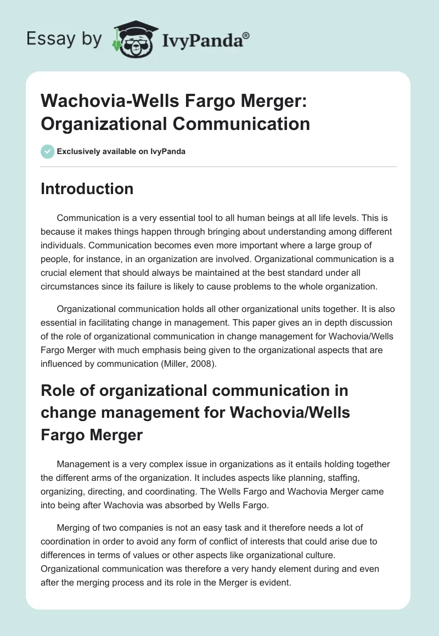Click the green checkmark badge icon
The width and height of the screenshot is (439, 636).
[48, 151]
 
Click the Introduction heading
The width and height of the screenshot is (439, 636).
[87, 189]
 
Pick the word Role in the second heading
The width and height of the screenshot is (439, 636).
[57, 391]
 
